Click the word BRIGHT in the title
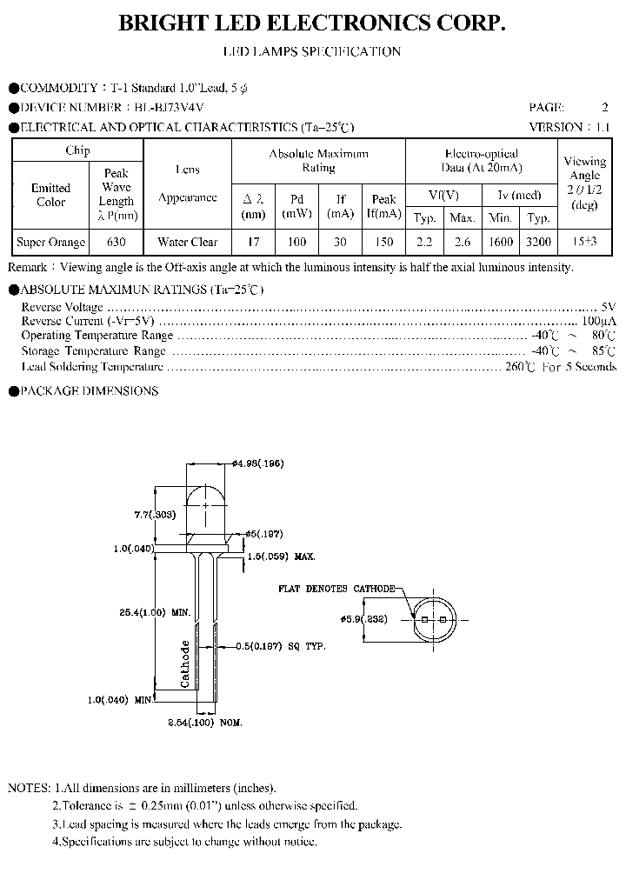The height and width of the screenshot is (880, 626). tap(163, 25)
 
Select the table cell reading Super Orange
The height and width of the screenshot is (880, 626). tap(51, 243)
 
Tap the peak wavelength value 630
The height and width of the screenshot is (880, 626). tap(116, 243)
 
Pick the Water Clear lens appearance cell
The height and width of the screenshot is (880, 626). tap(187, 243)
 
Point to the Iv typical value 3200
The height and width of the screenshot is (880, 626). tap(539, 243)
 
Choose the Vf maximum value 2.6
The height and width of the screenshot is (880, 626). tap(463, 243)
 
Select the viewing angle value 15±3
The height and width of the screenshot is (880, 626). tap(584, 243)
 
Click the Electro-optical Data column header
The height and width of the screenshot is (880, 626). tap(481, 160)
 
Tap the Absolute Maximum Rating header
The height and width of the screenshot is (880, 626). tap(318, 160)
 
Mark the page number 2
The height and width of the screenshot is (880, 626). tap(604, 108)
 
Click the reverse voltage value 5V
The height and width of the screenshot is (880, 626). tap(608, 307)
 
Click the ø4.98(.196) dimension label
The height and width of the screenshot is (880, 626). tap(258, 463)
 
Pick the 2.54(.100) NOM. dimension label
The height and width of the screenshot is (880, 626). tap(204, 723)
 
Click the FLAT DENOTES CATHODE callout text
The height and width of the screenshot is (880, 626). tap(336, 589)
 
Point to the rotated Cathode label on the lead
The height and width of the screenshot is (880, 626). tap(184, 664)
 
